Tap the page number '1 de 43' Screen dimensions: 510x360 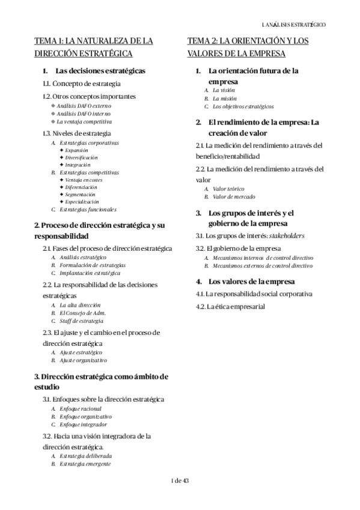[x=180, y=479]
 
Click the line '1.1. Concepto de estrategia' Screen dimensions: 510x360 [x=82, y=84]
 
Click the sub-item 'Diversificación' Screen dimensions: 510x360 [x=81, y=156]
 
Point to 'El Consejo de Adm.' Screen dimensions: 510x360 [x=83, y=313]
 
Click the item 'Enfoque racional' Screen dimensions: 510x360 [x=81, y=408]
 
